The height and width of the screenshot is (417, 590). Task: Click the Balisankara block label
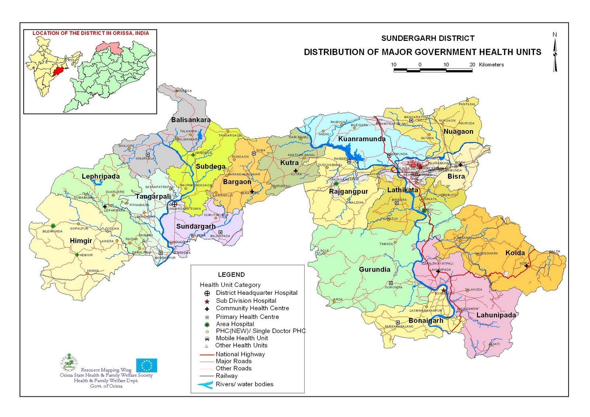191,120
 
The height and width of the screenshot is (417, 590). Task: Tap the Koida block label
515,253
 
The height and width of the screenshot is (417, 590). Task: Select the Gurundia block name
374,270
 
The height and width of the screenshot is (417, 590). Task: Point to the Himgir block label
81,241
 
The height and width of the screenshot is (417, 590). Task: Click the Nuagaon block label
458,132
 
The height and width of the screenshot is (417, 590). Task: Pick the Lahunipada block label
496,315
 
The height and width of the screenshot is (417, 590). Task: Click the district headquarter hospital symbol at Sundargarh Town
174,204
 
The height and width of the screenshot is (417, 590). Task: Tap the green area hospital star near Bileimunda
53,226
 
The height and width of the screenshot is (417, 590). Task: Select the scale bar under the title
433,70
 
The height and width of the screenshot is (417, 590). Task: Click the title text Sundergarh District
428,38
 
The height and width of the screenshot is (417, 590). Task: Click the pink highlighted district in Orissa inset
108,47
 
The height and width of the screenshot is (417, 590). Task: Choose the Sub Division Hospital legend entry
246,301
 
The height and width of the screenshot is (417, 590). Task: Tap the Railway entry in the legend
226,376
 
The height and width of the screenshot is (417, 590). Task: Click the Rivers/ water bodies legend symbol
205,385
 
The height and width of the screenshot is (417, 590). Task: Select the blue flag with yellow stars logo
146,365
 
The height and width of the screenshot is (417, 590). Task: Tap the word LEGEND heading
231,275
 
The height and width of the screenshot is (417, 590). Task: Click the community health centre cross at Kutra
295,170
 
